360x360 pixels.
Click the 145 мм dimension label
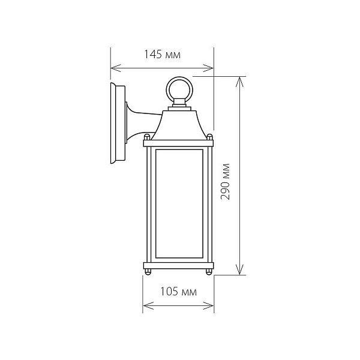(163, 55)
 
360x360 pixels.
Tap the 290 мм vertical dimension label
(225, 181)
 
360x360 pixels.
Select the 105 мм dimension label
(178, 292)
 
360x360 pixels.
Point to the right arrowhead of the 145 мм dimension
(209, 68)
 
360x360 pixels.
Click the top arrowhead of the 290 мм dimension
(239, 82)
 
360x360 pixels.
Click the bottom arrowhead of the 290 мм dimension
(239, 269)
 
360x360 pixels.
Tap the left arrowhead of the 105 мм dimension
(148, 305)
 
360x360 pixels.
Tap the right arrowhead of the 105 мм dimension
(209, 305)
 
